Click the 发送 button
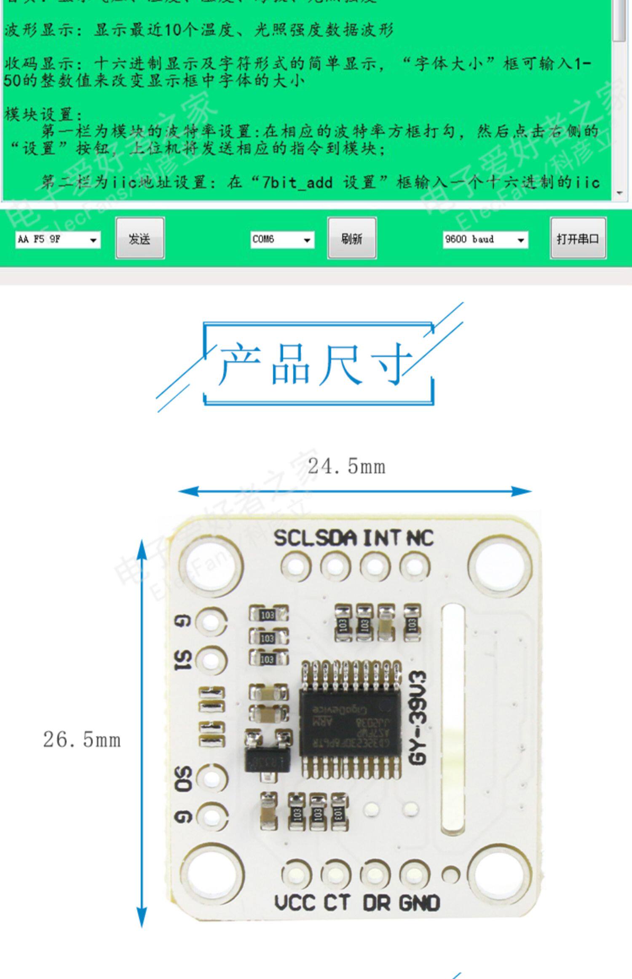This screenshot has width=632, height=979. pyautogui.click(x=140, y=238)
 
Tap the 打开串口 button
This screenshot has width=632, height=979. pyautogui.click(x=578, y=238)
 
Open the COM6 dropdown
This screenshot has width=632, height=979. pyautogui.click(x=282, y=239)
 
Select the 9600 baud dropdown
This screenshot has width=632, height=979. pyautogui.click(x=485, y=239)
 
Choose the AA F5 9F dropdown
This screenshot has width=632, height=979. pyautogui.click(x=58, y=239)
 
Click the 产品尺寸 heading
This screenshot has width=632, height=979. pyautogui.click(x=316, y=364)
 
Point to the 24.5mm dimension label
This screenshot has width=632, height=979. pyautogui.click(x=346, y=467)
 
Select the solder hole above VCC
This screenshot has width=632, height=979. pyautogui.click(x=296, y=874)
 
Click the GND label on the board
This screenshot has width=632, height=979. pyautogui.click(x=419, y=903)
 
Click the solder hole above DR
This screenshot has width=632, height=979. pyautogui.click(x=375, y=874)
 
